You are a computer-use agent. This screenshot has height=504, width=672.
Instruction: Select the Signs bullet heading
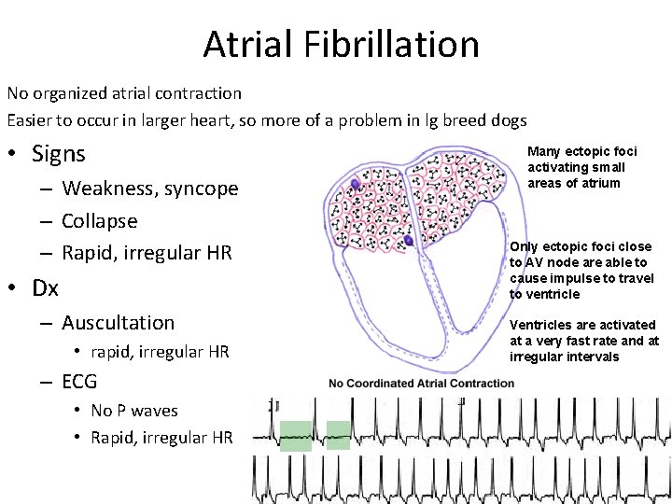pyautogui.click(x=58, y=153)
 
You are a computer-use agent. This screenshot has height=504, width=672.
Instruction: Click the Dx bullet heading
pyautogui.click(x=45, y=287)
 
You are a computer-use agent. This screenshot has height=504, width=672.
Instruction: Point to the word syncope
pyautogui.click(x=202, y=189)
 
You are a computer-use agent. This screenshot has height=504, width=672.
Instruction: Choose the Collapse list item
pyautogui.click(x=99, y=221)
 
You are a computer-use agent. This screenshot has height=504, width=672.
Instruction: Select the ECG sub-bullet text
pyautogui.click(x=79, y=381)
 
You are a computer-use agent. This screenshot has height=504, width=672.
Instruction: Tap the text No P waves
pyautogui.click(x=134, y=411)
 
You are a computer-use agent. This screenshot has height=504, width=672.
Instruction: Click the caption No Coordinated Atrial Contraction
pyautogui.click(x=421, y=383)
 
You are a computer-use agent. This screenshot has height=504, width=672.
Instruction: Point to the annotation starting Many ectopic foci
pyautogui.click(x=581, y=167)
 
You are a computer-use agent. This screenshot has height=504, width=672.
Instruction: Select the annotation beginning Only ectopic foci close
pyautogui.click(x=580, y=271)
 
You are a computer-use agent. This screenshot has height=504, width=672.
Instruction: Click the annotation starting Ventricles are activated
pyautogui.click(x=583, y=341)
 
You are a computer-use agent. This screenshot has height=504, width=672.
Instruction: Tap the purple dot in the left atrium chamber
pyautogui.click(x=356, y=185)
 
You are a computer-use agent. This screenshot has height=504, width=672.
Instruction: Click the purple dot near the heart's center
pyautogui.click(x=408, y=241)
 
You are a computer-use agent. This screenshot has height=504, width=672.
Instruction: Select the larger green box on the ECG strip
pyautogui.click(x=296, y=436)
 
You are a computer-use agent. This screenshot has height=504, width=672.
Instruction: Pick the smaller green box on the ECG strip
pyautogui.click(x=338, y=435)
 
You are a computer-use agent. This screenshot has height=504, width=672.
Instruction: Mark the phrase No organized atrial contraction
pyautogui.click(x=124, y=93)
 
